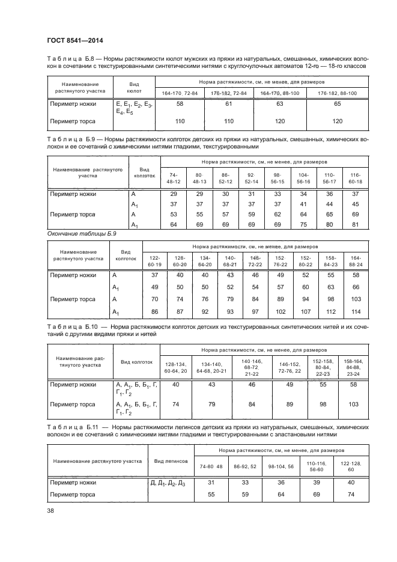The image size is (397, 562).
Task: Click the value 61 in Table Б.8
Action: click(228, 104)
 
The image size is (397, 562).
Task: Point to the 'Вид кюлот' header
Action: click(134, 88)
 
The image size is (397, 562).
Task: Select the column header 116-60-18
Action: click(355, 178)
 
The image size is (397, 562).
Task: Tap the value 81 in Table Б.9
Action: click(355, 225)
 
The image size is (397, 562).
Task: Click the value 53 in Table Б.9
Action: click(174, 215)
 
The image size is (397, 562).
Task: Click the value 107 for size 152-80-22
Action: click(306, 312)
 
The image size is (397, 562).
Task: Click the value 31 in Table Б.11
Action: click(211, 483)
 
